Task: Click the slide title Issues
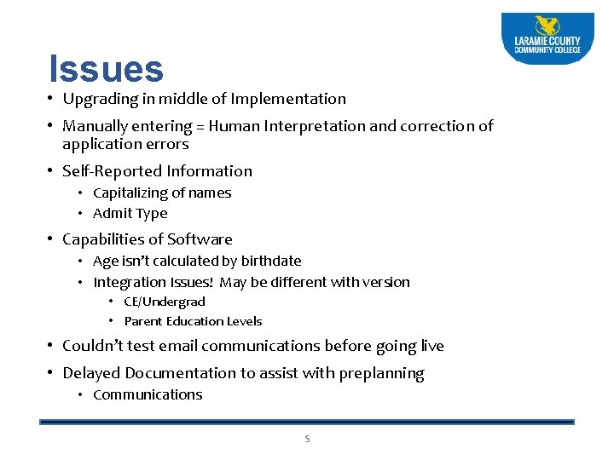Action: tap(106, 70)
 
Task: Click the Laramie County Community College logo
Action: tap(547, 39)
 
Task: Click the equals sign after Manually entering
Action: tap(200, 126)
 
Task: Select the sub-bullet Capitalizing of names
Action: tap(162, 193)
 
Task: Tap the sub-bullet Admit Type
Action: tap(130, 214)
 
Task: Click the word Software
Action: tap(200, 239)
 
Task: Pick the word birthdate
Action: tap(268, 261)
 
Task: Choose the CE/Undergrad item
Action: tap(164, 302)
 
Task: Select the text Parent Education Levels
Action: tap(193, 321)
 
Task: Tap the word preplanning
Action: tap(381, 373)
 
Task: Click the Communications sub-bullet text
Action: tap(148, 394)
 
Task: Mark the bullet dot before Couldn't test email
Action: tap(53, 346)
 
